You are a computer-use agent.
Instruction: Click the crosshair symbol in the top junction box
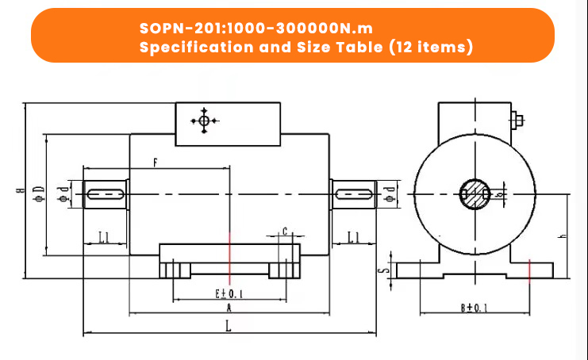[204, 121]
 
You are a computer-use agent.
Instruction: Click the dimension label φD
[38, 191]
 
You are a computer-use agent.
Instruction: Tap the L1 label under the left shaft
[104, 236]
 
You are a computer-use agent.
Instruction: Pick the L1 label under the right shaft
[353, 236]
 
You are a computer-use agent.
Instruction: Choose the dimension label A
[229, 307]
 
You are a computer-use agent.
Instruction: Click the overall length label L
[229, 326]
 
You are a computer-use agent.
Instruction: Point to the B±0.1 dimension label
[475, 307]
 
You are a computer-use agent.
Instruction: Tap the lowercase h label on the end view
[562, 236]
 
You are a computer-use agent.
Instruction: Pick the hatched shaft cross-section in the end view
[474, 193]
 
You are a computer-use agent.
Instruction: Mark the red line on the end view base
[529, 270]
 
